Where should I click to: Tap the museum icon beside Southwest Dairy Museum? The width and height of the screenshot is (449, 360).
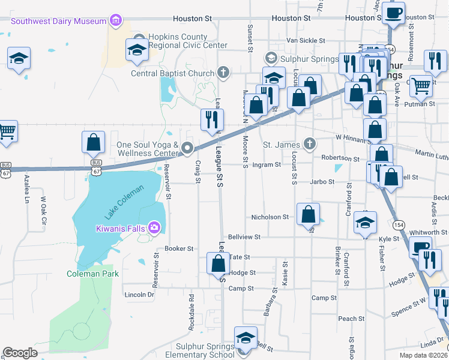point(116,22)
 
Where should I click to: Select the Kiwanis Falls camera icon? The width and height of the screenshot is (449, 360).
point(155,227)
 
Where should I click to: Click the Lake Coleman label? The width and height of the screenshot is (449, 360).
point(124,203)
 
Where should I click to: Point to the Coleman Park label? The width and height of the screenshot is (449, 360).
point(92,274)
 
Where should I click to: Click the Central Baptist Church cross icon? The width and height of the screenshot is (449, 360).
point(223,74)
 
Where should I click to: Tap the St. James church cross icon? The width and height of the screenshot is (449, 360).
point(309,144)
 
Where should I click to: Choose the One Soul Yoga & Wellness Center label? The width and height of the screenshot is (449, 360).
point(148,149)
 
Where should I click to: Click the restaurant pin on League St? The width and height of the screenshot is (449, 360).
point(211,119)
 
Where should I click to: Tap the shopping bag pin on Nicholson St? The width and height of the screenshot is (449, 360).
point(308,214)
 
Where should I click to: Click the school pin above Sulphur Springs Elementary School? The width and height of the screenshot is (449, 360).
point(246,337)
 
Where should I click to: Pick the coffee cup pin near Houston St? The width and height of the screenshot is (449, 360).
point(394,13)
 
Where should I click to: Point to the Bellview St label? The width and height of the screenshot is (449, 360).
point(243,237)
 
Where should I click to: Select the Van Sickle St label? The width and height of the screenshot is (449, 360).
point(306,41)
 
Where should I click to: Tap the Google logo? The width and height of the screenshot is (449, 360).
point(20,353)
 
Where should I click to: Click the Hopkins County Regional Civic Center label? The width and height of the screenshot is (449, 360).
point(188,41)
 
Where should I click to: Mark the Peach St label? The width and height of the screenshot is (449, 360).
point(351,319)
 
